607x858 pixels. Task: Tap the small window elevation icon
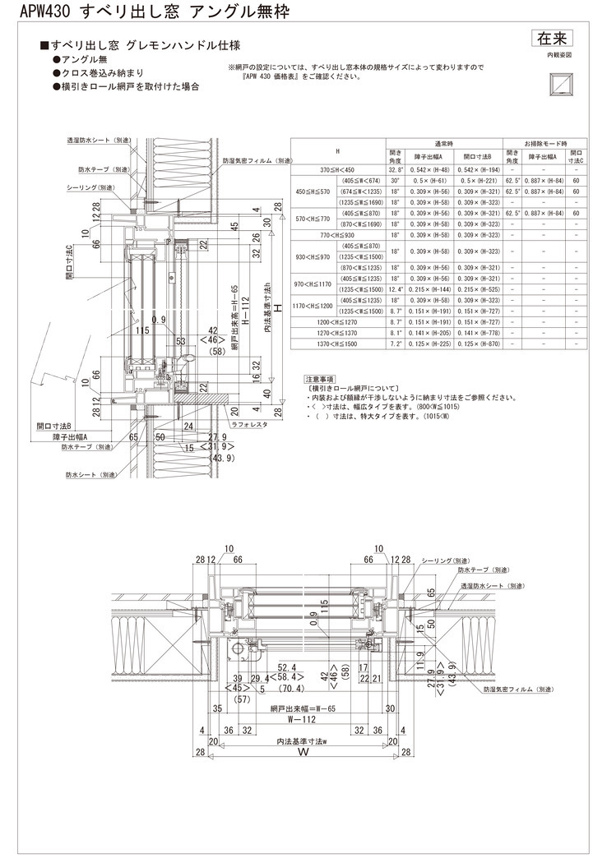tap(559, 82)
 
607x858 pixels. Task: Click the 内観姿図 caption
tap(558, 54)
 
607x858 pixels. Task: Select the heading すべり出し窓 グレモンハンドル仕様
tap(145, 47)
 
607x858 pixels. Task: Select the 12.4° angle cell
tap(396, 291)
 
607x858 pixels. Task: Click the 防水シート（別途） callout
tap(90, 474)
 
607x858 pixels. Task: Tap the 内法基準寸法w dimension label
tap(302, 740)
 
